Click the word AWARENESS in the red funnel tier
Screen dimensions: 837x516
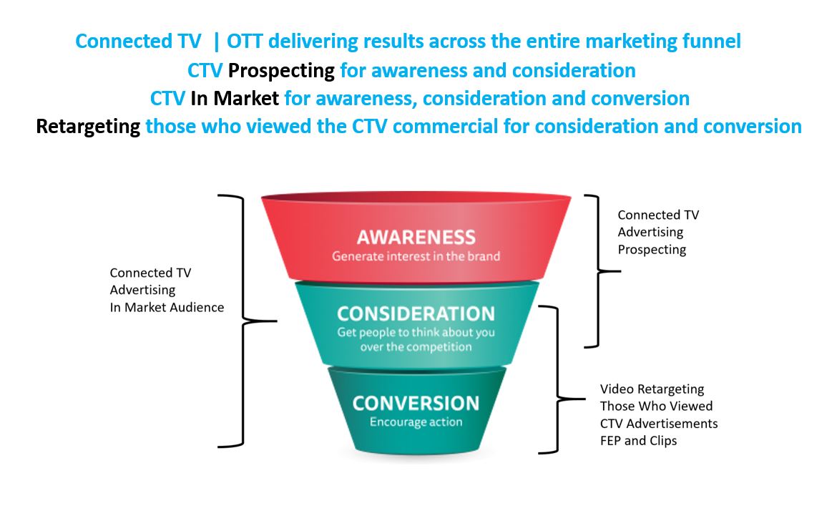(x=416, y=237)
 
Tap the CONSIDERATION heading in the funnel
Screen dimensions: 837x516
(x=416, y=313)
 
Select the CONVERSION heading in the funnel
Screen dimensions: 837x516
(x=416, y=403)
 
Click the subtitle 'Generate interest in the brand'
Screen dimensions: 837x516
(x=416, y=255)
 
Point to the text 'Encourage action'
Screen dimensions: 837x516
(x=416, y=422)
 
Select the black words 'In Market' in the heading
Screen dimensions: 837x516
(x=235, y=98)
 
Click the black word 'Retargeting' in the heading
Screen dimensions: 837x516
(x=88, y=127)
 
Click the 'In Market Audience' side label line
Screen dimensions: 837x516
(x=167, y=307)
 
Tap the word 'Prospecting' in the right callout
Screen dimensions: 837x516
(x=652, y=250)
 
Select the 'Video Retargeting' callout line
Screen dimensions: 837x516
(x=652, y=389)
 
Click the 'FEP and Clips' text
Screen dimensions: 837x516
(x=638, y=440)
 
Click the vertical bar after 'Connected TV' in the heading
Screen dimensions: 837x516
(x=215, y=42)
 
